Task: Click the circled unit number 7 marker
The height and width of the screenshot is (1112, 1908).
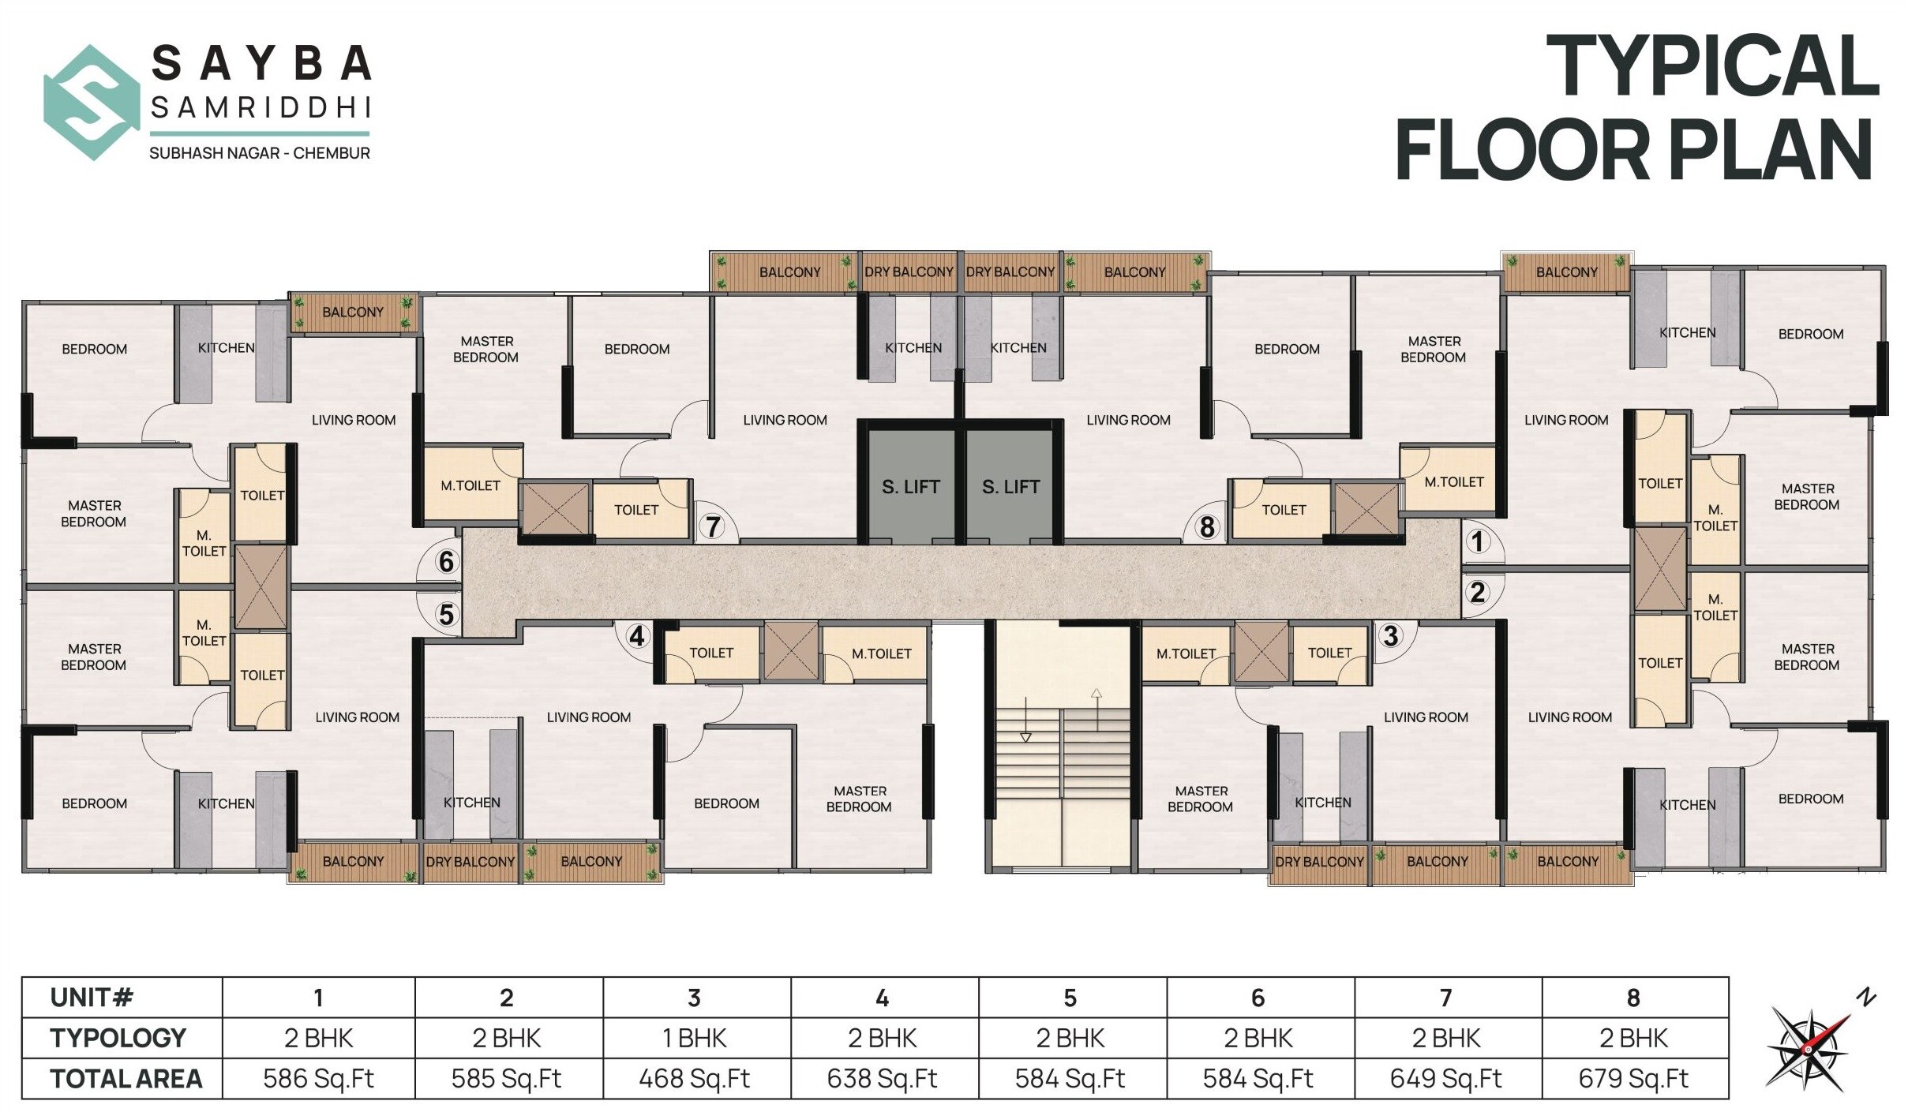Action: [x=713, y=526]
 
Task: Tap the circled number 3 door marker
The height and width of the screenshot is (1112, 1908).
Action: [x=1391, y=635]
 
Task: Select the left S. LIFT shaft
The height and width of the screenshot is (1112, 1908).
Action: [x=910, y=486]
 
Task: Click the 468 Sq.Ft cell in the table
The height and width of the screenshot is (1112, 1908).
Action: [x=694, y=1078]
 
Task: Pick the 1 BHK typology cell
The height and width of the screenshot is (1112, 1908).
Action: [x=694, y=1038]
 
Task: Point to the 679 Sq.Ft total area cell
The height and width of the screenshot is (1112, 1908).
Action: [x=1633, y=1078]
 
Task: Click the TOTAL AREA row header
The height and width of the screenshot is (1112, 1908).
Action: [x=126, y=1078]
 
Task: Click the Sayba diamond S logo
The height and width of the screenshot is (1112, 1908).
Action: [x=92, y=102]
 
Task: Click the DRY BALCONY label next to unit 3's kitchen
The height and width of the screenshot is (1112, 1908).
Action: [x=1319, y=861]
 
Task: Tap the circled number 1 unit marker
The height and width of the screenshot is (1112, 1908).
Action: [x=1477, y=541]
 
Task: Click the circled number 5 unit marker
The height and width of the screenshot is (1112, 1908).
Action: [x=447, y=614]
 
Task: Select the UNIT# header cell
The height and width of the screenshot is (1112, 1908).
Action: [x=91, y=998]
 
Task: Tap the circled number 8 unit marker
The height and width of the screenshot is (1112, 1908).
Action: [x=1206, y=526]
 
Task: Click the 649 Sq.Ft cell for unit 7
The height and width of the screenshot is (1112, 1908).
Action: [x=1445, y=1078]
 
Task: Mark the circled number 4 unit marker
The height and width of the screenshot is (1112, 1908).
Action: [x=637, y=635]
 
